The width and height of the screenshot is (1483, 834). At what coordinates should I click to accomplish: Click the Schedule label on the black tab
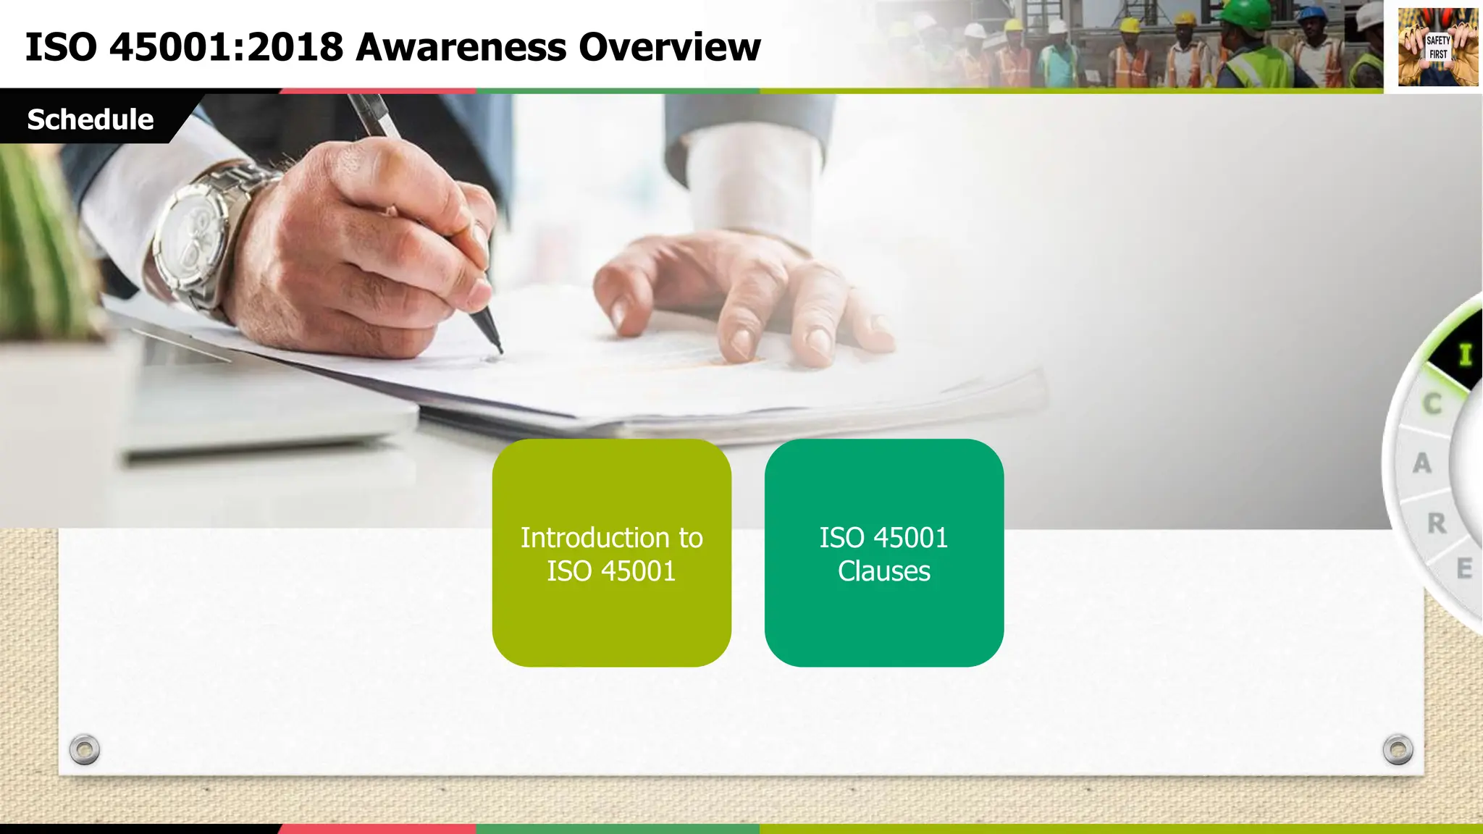[90, 119]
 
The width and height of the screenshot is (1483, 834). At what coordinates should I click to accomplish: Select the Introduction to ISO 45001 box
[611, 553]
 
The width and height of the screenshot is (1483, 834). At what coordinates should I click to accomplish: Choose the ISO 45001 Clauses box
[883, 553]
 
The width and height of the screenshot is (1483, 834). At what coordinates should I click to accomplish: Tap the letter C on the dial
[1432, 404]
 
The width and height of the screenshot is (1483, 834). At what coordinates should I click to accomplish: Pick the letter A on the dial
[1422, 463]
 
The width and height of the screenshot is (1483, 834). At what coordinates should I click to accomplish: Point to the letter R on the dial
[1437, 523]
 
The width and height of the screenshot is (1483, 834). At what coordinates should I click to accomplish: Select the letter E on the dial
[1464, 568]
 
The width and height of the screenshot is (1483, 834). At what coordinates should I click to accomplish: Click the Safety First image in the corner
[1437, 47]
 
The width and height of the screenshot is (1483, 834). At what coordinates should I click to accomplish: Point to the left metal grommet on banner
[85, 749]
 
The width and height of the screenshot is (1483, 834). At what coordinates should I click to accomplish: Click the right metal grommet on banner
[1398, 749]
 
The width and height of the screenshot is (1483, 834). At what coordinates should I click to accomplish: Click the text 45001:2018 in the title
[225, 48]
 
